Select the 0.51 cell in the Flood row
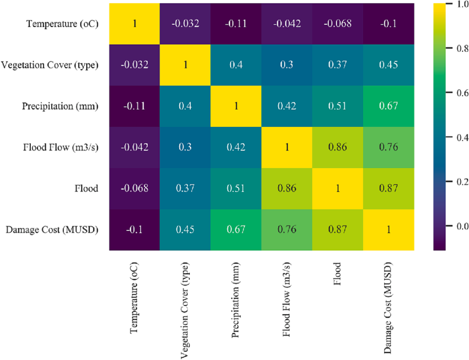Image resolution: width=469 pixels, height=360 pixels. (236, 189)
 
